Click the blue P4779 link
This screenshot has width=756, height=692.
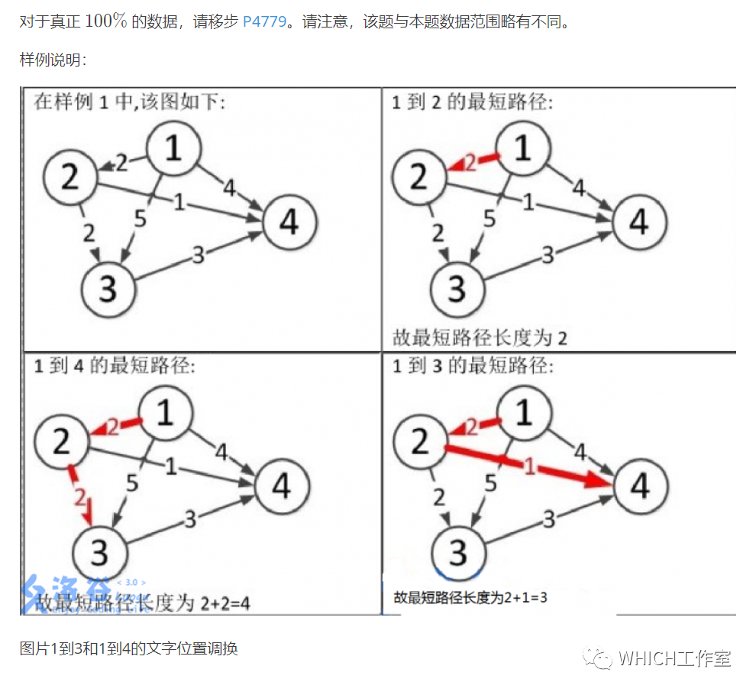[264, 21]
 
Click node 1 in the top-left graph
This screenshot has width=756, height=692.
[173, 149]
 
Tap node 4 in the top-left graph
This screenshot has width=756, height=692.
[289, 222]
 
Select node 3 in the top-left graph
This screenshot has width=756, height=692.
[108, 290]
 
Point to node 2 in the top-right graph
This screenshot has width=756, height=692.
[418, 177]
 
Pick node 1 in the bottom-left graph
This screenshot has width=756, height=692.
[163, 414]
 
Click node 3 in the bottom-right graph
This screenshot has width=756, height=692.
[457, 552]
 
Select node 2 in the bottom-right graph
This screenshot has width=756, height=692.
[419, 443]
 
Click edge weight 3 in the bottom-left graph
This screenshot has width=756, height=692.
[190, 519]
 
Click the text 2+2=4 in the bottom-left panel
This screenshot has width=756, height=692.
[225, 603]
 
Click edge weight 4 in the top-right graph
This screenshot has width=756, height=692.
[579, 186]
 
